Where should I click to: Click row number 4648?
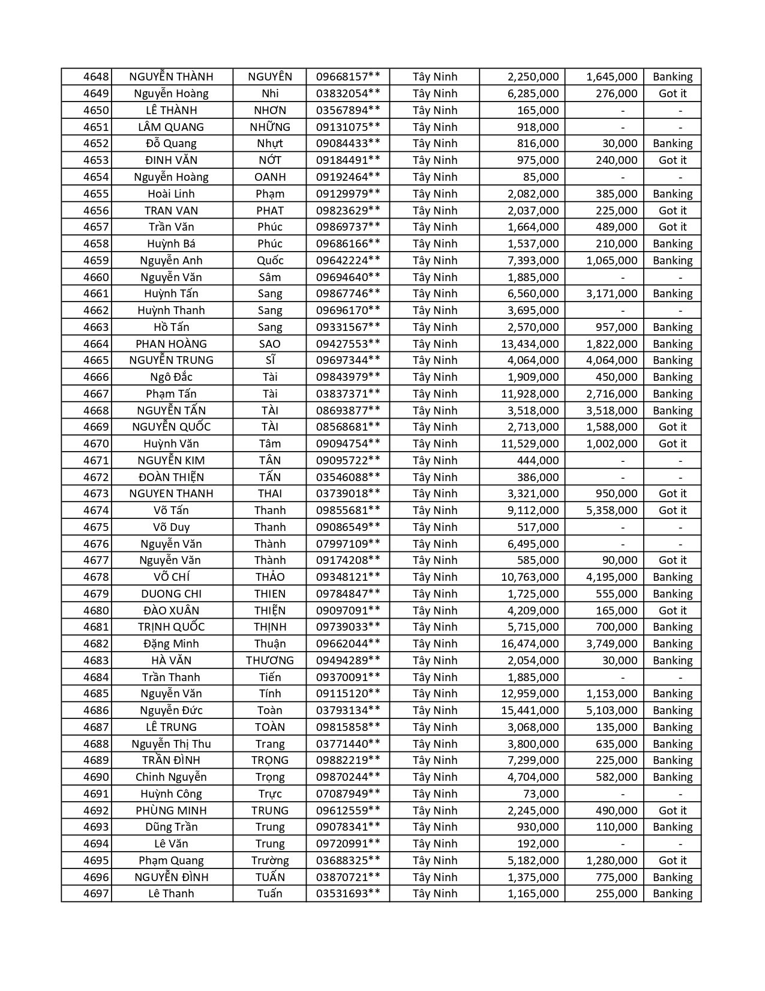coord(96,77)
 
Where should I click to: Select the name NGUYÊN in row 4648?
coord(270,77)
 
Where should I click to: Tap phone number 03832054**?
coord(348,94)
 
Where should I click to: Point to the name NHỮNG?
coord(270,127)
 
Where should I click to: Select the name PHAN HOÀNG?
coord(171,344)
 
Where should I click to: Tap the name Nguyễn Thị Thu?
coord(171,744)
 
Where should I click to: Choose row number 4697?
coord(96,894)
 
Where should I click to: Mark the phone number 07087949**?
coord(348,794)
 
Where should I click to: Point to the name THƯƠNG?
coord(270,661)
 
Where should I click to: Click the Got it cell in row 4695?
coord(672,861)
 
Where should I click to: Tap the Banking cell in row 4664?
coord(672,344)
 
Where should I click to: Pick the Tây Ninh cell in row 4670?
coord(435,444)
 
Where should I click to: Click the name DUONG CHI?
coord(171,594)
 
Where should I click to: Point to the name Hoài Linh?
coord(171,193)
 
